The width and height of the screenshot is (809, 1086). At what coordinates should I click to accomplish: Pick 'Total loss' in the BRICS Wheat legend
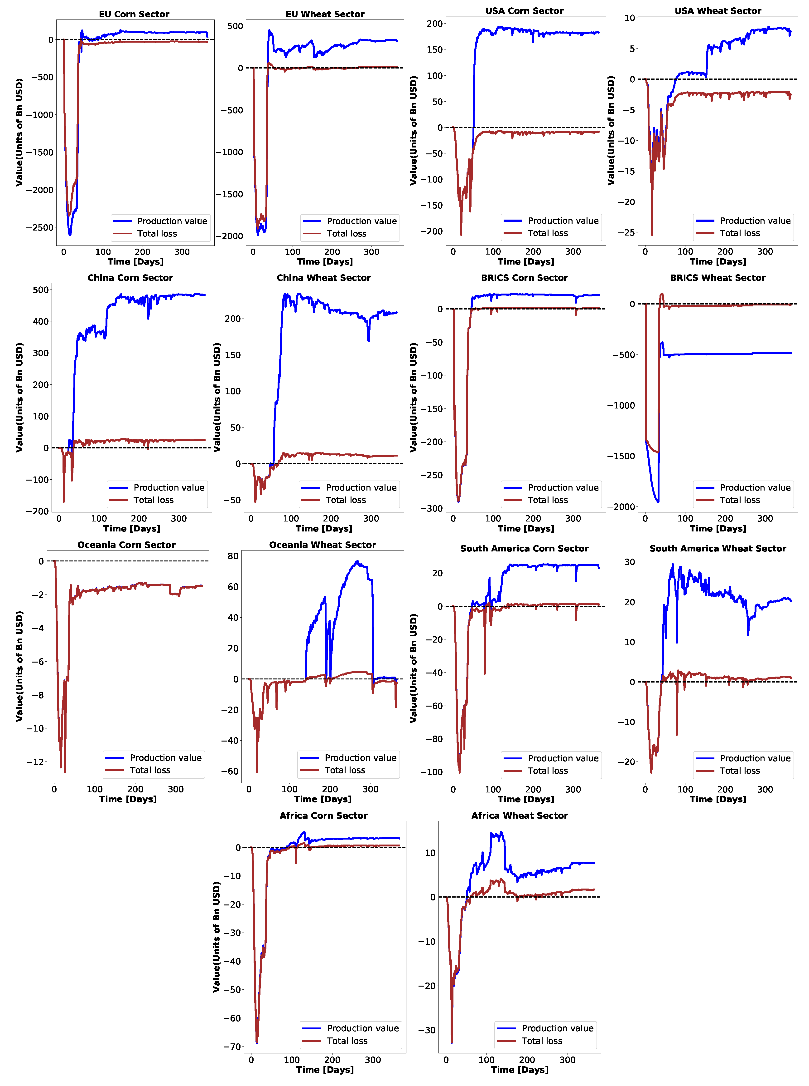pos(739,500)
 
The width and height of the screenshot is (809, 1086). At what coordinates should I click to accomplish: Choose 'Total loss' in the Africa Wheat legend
pos(542,1041)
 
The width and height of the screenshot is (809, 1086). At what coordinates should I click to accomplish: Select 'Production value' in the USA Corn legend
pos(563,221)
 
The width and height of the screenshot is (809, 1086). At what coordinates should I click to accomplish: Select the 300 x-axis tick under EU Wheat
pos(371,252)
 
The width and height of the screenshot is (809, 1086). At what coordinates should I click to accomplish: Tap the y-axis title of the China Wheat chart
pos(217,397)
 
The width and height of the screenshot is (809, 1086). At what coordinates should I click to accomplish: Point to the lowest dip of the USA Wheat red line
pos(652,234)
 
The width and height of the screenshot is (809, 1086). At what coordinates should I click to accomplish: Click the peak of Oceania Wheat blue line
pos(357,561)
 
